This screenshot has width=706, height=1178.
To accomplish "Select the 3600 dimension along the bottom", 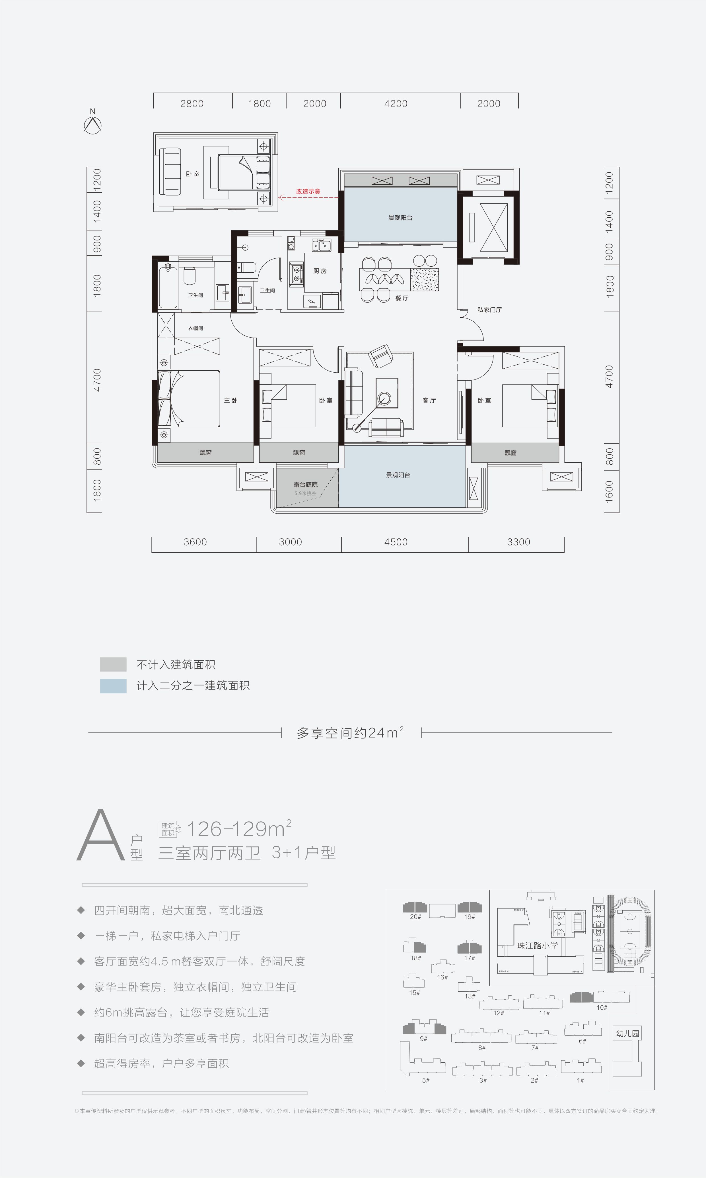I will tap(195, 542).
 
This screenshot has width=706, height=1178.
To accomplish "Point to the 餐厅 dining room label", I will tap(402, 298).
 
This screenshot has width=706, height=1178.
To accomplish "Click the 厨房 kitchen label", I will tap(320, 271).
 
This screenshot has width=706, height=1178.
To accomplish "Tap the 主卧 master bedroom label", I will tap(230, 401).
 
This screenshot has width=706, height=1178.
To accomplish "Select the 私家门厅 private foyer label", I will tap(489, 309).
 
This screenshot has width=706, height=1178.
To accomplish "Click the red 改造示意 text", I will tap(308, 191).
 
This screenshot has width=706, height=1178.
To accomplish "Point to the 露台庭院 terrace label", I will tap(305, 485).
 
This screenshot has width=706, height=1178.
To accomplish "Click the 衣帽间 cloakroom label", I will tap(195, 328).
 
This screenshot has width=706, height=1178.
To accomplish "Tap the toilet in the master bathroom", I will tap(189, 276).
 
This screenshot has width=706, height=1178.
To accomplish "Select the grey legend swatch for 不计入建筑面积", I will tap(113, 664).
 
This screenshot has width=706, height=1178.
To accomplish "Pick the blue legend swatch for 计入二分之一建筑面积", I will tap(113, 686).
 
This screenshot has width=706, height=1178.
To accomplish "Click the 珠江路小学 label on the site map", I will tap(537, 945).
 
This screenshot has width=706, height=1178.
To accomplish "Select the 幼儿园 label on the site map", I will tap(627, 1033).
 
